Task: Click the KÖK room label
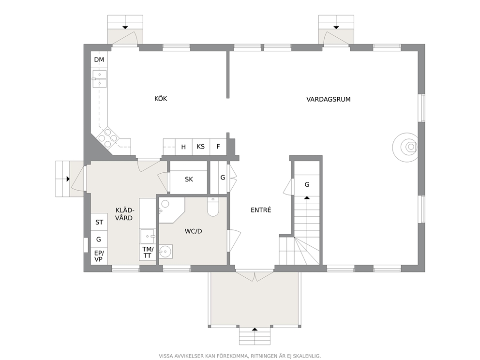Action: (161, 99)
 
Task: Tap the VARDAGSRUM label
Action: (329, 99)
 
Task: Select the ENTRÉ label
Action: (261, 210)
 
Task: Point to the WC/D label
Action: (194, 231)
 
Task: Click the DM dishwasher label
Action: (99, 60)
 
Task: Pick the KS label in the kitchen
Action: (200, 146)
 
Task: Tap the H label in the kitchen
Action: (183, 147)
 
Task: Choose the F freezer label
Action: (218, 146)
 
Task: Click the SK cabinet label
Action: (189, 179)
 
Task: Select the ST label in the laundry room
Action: (99, 222)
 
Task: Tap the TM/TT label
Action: (148, 252)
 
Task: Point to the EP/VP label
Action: (99, 256)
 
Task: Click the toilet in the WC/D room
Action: (213, 207)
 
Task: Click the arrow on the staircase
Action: (307, 198)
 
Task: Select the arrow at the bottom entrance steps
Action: (255, 330)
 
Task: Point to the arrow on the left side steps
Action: (68, 179)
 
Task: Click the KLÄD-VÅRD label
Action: (124, 214)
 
